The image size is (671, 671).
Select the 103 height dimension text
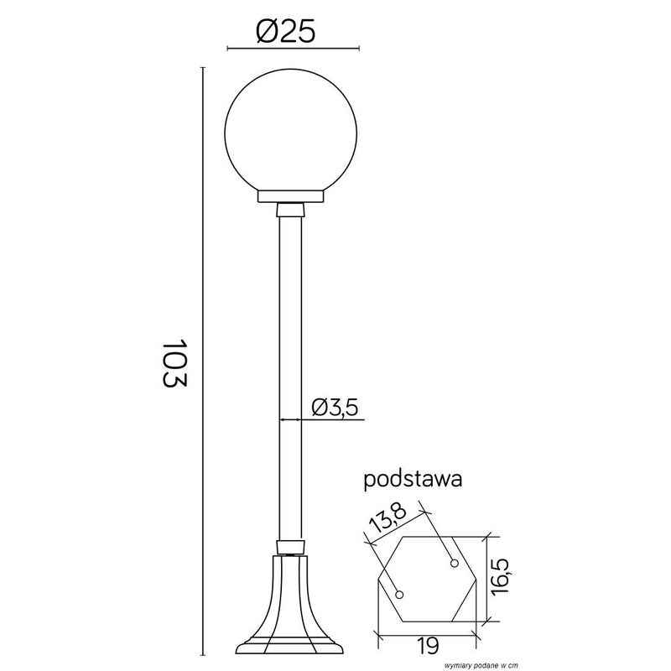pyautogui.click(x=174, y=363)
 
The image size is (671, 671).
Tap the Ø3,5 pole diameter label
pyautogui.click(x=335, y=407)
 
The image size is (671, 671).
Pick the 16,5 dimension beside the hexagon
pyautogui.click(x=501, y=577)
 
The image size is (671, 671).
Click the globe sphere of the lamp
pyautogui.click(x=293, y=134)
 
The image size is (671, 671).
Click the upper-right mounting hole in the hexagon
pyautogui.click(x=454, y=561)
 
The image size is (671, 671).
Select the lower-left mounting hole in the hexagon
pyautogui.click(x=400, y=594)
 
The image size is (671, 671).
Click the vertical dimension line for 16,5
pyautogui.click(x=487, y=578)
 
